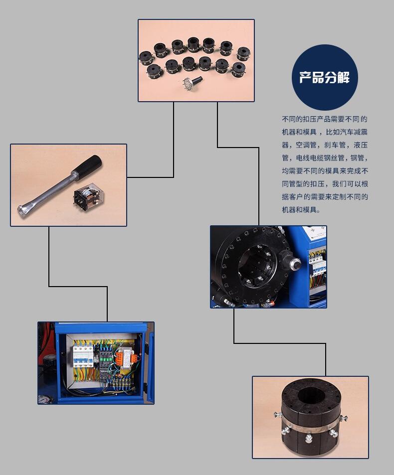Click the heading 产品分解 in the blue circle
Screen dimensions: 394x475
pyautogui.click(x=324, y=78)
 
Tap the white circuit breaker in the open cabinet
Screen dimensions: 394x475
pyautogui.click(x=83, y=355)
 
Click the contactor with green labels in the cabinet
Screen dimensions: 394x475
pyautogui.click(x=106, y=358)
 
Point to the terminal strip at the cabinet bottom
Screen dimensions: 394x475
pyautogui.click(x=122, y=382)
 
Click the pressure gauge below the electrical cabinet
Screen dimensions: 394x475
pyautogui.click(x=44, y=399)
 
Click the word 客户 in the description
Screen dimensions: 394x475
pyautogui.click(x=296, y=197)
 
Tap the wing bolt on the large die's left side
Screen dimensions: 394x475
pyautogui.click(x=277, y=415)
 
